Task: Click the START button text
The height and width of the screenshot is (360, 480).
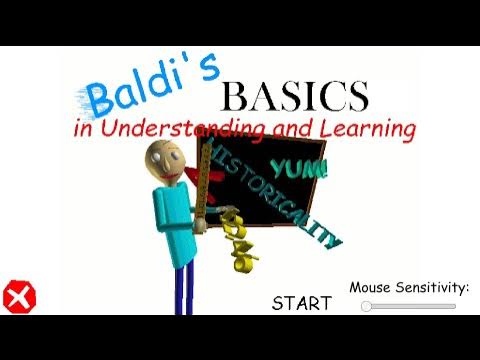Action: tap(301, 303)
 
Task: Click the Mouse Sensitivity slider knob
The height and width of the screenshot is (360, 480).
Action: tap(367, 306)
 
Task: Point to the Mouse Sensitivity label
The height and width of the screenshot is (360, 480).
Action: tap(409, 288)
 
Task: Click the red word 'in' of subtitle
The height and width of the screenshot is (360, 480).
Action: tap(84, 131)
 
